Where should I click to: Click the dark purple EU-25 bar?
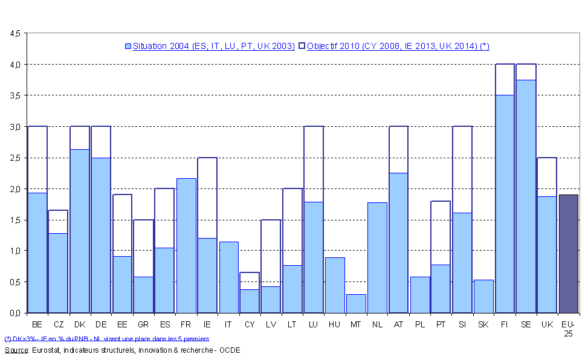pyautogui.click(x=569, y=254)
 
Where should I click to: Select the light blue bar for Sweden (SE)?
pyautogui.click(x=526, y=196)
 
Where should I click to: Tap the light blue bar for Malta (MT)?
pyautogui.click(x=356, y=303)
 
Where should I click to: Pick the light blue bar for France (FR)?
pyautogui.click(x=186, y=245)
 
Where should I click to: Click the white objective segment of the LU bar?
pyautogui.click(x=314, y=164)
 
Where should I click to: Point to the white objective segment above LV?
pyautogui.click(x=271, y=252)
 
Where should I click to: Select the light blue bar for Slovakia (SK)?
pyautogui.click(x=483, y=296)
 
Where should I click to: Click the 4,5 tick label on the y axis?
pyautogui.click(x=15, y=33)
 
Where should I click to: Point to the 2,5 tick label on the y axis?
pyautogui.click(x=15, y=158)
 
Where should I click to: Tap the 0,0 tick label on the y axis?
pyautogui.click(x=15, y=313)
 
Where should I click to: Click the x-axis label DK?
pyautogui.click(x=80, y=325)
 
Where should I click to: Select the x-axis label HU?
pyautogui.click(x=335, y=325)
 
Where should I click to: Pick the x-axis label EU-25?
pyautogui.click(x=569, y=329)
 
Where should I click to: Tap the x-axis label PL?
pyautogui.click(x=419, y=325)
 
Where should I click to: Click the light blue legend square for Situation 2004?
pyautogui.click(x=128, y=46)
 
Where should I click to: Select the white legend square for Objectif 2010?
pyautogui.click(x=302, y=46)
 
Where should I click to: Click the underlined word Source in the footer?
pyautogui.click(x=16, y=350)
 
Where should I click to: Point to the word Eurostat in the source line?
pyautogui.click(x=45, y=350)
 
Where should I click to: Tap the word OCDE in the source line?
pyautogui.click(x=229, y=350)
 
